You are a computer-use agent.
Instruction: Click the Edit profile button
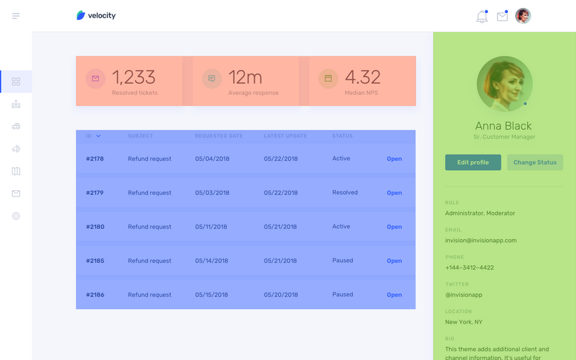pyautogui.click(x=473, y=162)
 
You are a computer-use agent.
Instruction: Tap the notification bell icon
pyautogui.click(x=482, y=16)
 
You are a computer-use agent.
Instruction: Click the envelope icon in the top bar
pyautogui.click(x=502, y=16)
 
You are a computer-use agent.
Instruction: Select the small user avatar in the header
pyautogui.click(x=523, y=16)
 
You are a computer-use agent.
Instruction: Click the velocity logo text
pyautogui.click(x=101, y=16)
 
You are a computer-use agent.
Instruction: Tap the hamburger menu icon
pyautogui.click(x=16, y=16)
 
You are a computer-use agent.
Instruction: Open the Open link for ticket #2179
pyautogui.click(x=394, y=193)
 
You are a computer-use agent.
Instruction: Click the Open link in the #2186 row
pyautogui.click(x=394, y=295)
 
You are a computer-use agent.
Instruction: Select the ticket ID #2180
pyautogui.click(x=95, y=226)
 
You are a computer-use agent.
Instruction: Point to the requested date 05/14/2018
pyautogui.click(x=211, y=261)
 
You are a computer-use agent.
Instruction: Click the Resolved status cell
pyautogui.click(x=345, y=192)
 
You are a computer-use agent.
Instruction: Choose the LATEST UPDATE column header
pyautogui.click(x=285, y=136)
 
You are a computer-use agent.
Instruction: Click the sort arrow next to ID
pyautogui.click(x=98, y=136)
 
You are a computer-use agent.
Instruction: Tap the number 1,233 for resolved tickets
pyautogui.click(x=134, y=77)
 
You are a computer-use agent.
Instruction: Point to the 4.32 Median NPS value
pyautogui.click(x=363, y=77)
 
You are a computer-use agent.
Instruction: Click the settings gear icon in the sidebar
pyautogui.click(x=16, y=216)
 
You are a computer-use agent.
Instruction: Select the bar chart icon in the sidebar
pyautogui.click(x=16, y=104)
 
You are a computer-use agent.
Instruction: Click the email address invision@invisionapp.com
pyautogui.click(x=481, y=240)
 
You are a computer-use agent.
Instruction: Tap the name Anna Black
pyautogui.click(x=503, y=126)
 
